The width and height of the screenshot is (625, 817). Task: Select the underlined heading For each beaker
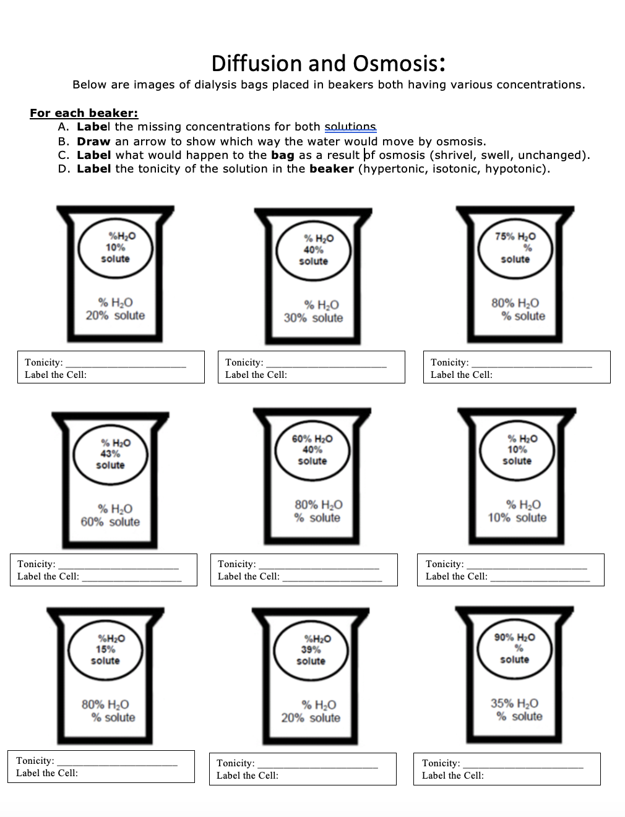coord(84,113)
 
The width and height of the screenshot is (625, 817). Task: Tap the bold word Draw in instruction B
coord(93,141)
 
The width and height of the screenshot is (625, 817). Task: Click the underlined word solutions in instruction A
coord(350,127)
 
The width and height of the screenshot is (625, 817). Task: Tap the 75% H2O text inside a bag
coord(515,236)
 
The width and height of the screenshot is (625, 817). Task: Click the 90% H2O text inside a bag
coord(514,637)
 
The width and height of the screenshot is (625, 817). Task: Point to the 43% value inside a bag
coord(110,453)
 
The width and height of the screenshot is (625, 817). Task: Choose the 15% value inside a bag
coord(105,649)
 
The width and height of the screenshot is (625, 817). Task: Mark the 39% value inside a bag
coord(311,649)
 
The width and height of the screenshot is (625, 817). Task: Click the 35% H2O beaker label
coord(514,703)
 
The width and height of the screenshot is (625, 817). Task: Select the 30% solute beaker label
coord(313,318)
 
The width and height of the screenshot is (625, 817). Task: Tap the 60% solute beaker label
coord(110,522)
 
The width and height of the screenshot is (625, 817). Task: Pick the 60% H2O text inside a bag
coord(312,438)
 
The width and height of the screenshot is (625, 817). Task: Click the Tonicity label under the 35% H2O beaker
coord(441,763)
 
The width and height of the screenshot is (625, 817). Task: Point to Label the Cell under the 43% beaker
coord(48,576)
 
